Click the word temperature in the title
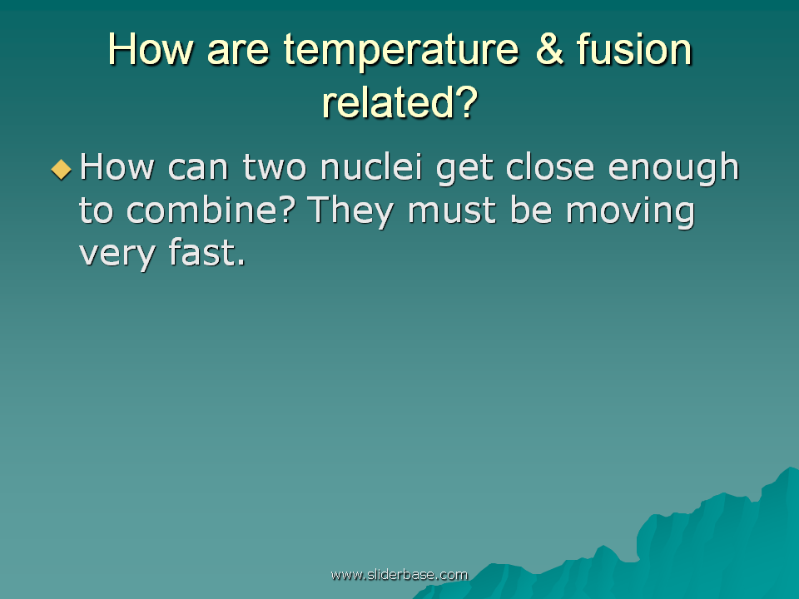click(401, 51)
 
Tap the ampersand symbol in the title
click(550, 48)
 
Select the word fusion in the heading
click(634, 48)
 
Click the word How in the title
click(151, 49)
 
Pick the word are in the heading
click(238, 52)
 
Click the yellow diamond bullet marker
click(61, 170)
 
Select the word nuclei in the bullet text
click(371, 166)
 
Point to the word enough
click(673, 170)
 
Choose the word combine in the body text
click(211, 210)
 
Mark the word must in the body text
click(452, 210)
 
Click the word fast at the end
click(206, 252)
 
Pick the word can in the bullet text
click(198, 169)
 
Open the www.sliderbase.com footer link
click(399, 575)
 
